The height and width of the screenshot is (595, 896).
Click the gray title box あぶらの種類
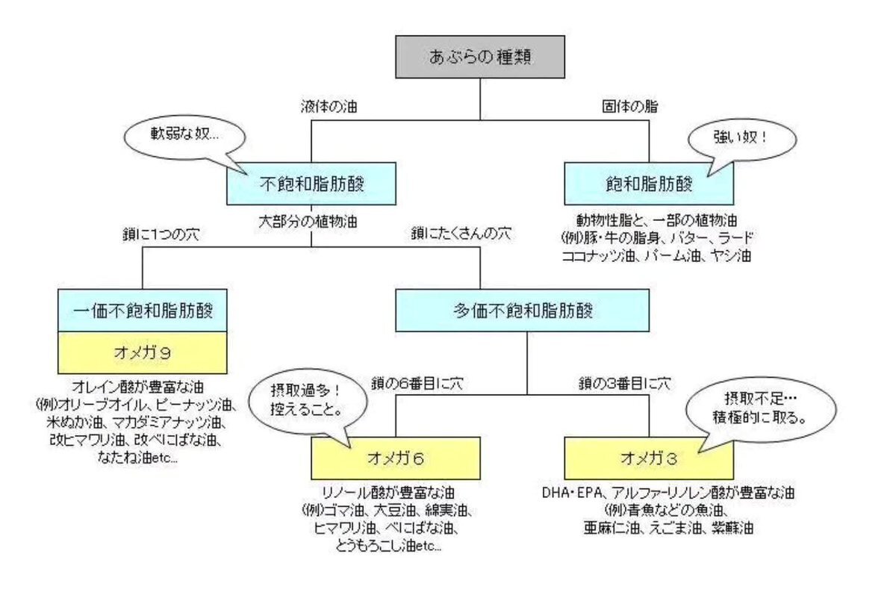[480, 57]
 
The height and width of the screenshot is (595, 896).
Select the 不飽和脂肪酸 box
[311, 184]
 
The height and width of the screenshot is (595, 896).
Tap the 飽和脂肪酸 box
[649, 184]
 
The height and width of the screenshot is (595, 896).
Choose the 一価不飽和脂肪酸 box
[142, 309]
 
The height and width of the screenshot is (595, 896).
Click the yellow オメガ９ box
[142, 352]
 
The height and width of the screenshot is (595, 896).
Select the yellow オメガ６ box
[396, 457]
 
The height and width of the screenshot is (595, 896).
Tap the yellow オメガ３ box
[649, 457]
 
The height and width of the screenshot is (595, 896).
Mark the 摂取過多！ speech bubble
[314, 404]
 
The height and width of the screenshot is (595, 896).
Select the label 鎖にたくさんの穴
[461, 234]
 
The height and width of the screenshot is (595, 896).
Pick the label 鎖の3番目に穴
[625, 384]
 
